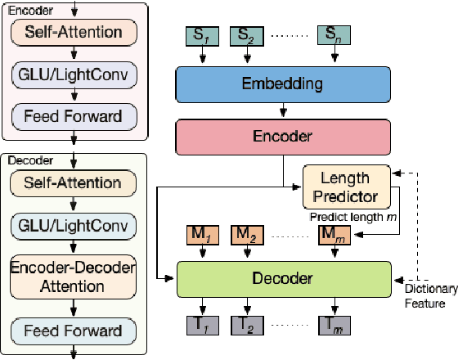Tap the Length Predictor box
click(x=344, y=187)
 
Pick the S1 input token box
click(x=200, y=37)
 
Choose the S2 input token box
click(x=245, y=37)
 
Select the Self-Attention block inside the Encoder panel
click(x=74, y=34)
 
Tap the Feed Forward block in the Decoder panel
click(x=74, y=331)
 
